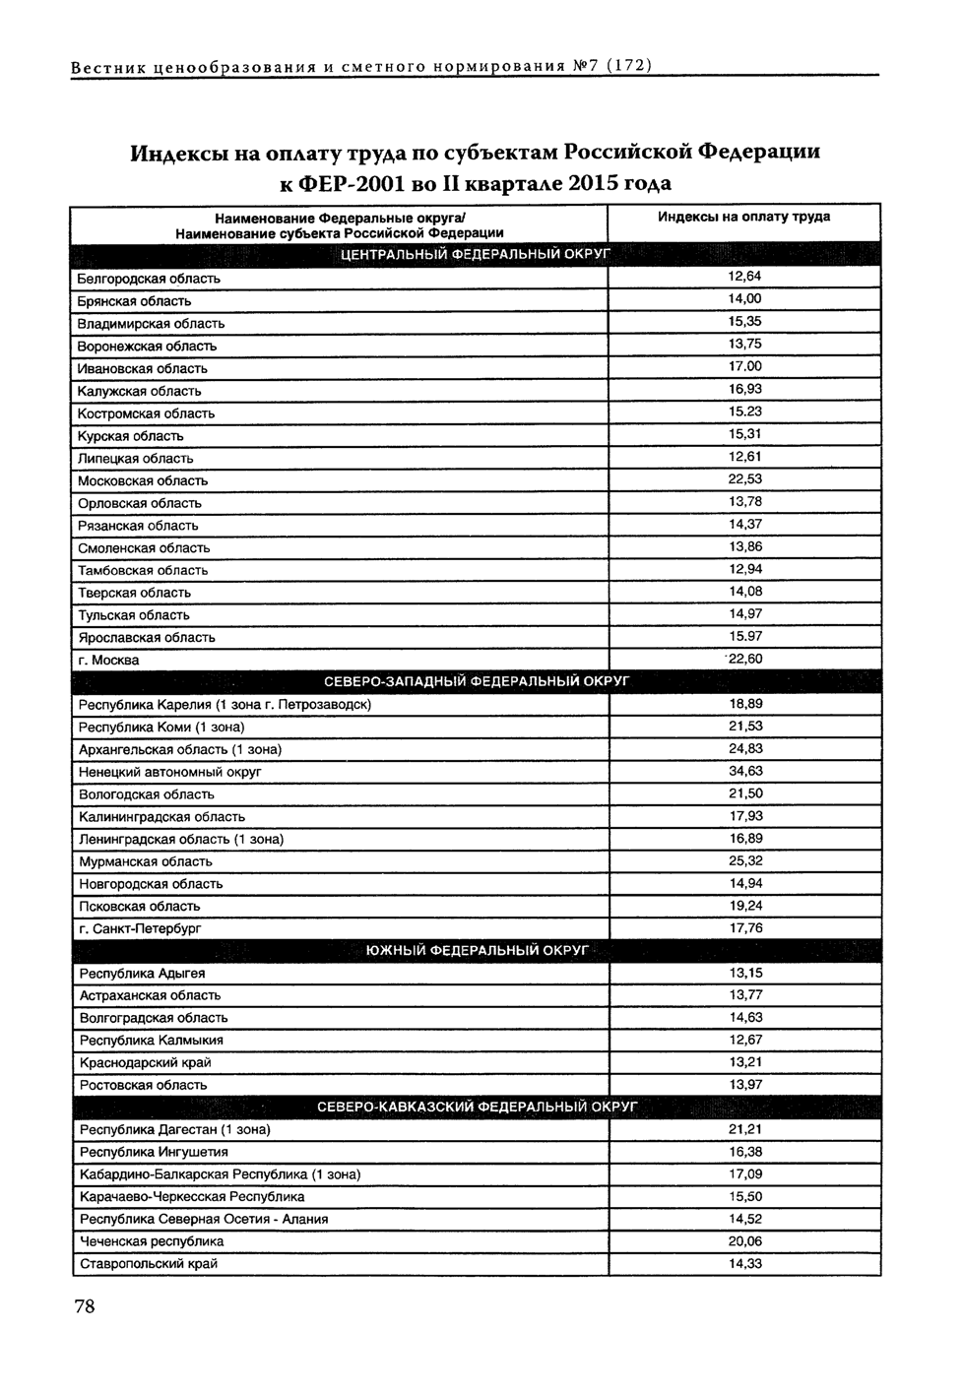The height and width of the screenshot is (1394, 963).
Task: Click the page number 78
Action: [84, 1306]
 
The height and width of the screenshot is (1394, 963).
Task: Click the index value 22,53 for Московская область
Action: [744, 479]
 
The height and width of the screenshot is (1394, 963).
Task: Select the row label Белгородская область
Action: [149, 279]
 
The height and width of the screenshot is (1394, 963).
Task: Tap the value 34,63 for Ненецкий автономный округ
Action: [745, 771]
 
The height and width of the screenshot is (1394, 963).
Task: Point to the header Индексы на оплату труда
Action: [743, 217]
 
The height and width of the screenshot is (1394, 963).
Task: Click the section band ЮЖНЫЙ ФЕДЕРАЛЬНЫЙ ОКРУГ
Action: [477, 950]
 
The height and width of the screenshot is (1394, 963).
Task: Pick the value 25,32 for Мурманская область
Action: [745, 860]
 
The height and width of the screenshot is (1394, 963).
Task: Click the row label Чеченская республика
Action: [152, 1241]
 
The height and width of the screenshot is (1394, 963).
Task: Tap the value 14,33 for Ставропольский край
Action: [745, 1263]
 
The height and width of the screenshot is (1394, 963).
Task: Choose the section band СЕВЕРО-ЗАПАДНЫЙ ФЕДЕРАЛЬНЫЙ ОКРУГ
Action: [477, 680]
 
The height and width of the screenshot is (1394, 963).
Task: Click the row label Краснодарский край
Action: [145, 1062]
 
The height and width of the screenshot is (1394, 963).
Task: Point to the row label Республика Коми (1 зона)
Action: [161, 727]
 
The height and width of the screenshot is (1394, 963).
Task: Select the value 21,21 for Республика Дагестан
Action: [745, 1129]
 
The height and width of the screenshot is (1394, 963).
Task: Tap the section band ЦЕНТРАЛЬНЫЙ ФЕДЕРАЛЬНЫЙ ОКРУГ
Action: [477, 254]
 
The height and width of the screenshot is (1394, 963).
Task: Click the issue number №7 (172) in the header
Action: [610, 66]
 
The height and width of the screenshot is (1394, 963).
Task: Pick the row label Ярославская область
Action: [147, 637]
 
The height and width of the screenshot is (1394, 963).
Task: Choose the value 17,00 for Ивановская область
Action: [744, 366]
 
